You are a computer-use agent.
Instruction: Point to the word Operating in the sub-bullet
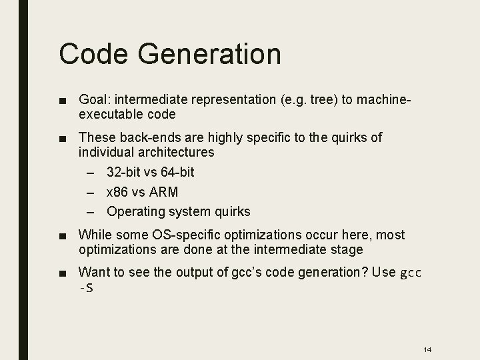135,212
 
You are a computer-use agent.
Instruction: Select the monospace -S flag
85,287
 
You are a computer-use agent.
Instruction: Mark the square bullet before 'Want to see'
62,273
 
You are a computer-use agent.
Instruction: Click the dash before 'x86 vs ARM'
92,193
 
